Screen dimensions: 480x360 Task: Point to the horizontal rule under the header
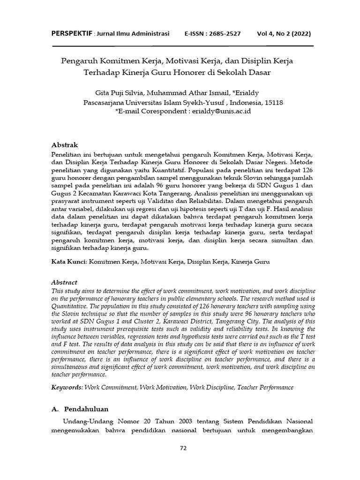coord(183,46)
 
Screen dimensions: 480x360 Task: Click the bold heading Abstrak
coord(65,145)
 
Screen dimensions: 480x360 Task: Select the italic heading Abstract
coord(64,283)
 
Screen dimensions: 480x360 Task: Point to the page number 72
coord(183,448)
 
